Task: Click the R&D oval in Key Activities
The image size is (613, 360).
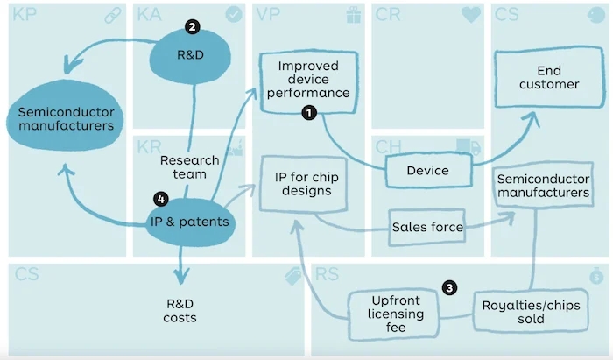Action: (190, 56)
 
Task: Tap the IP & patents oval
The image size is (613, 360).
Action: (190, 222)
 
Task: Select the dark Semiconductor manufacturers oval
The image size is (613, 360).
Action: (66, 116)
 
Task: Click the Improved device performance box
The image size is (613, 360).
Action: (308, 81)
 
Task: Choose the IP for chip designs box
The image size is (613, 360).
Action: (304, 184)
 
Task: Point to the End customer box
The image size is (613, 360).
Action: (549, 77)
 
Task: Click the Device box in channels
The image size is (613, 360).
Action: (428, 171)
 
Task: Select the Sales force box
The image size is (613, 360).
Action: (427, 227)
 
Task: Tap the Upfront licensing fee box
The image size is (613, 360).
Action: (394, 314)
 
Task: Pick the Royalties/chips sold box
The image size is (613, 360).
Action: (531, 312)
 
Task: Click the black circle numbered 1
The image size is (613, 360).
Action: (309, 113)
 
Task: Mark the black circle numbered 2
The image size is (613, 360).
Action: (193, 26)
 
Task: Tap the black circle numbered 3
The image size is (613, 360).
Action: (449, 288)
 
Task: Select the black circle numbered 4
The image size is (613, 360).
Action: (160, 200)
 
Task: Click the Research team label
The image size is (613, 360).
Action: (190, 167)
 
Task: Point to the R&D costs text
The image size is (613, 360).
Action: (180, 311)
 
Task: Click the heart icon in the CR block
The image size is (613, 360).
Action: (471, 15)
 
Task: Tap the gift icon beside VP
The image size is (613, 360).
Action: (354, 15)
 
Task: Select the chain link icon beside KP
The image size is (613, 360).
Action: (113, 15)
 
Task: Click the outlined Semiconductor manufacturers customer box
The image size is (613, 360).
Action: (544, 186)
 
